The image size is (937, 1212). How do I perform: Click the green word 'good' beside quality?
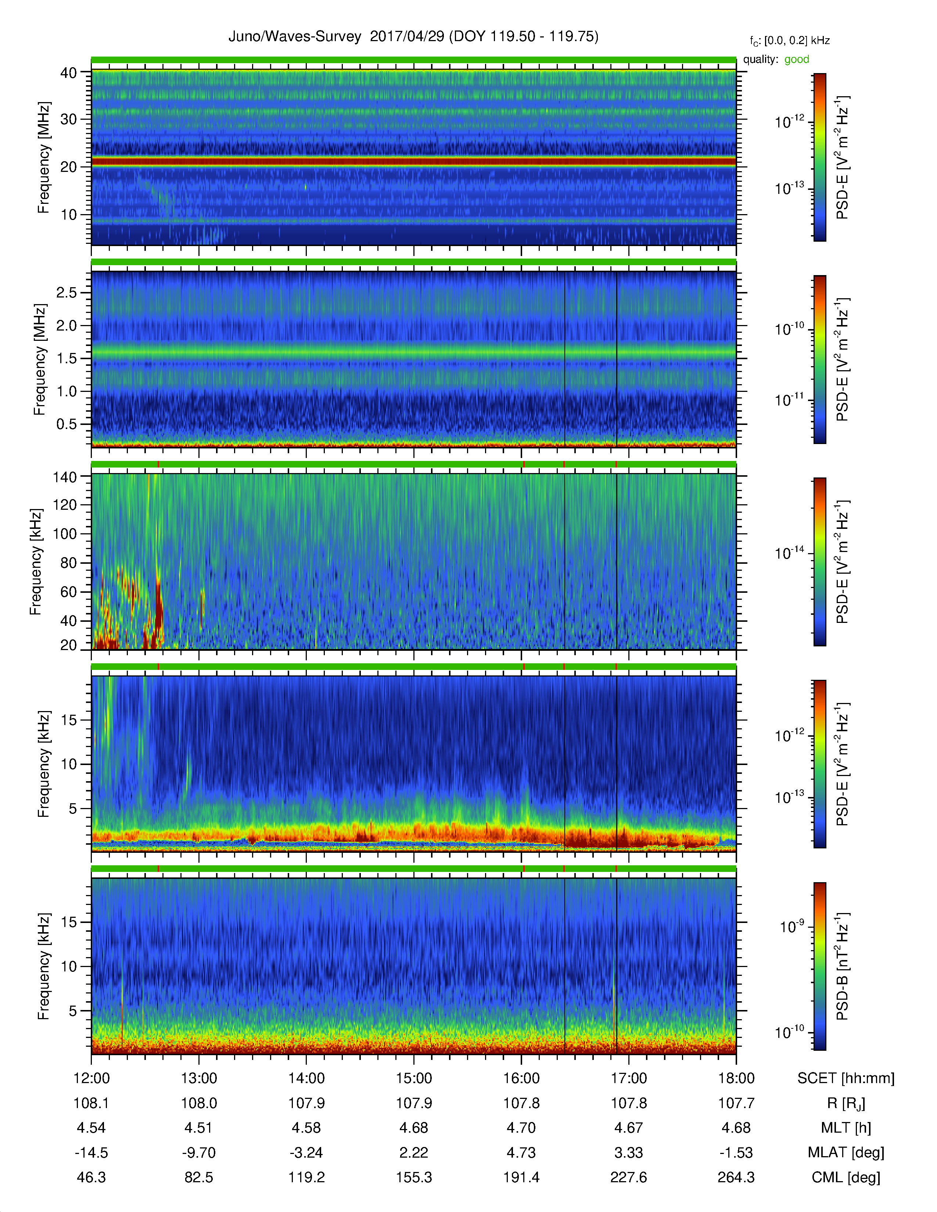pos(797,59)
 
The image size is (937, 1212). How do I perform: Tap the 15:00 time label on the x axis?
pos(413,1078)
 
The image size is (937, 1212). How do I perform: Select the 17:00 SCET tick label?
pos(628,1078)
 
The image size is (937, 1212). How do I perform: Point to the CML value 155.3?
pos(413,1177)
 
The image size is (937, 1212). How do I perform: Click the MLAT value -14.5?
pos(91,1153)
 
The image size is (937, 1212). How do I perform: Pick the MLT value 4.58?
pos(306,1128)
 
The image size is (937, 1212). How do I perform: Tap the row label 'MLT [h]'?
pos(846,1128)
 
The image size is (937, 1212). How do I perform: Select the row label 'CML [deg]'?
pos(846,1177)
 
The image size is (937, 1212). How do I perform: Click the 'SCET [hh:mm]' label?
pos(846,1078)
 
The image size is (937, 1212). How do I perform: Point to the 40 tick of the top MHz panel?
pos(69,73)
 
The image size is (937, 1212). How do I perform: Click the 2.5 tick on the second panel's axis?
pos(66,292)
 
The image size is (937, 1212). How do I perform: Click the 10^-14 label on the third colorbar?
pos(789,553)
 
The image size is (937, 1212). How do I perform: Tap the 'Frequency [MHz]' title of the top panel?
pos(44,158)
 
